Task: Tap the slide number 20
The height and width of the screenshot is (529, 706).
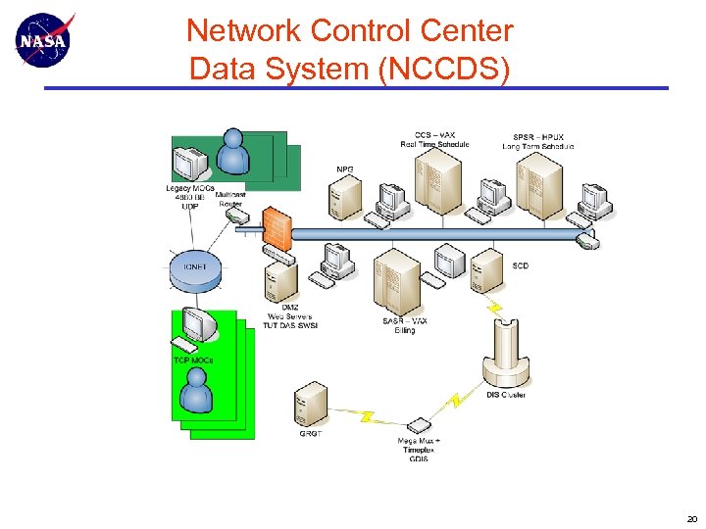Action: click(x=691, y=519)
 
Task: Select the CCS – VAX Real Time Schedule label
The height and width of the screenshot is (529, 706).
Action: click(x=434, y=139)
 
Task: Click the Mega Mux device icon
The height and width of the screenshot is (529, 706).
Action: click(x=419, y=425)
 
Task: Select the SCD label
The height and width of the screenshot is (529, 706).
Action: click(x=520, y=265)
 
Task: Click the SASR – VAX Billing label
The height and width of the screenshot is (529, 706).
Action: click(x=405, y=325)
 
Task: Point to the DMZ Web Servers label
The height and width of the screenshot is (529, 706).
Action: click(x=292, y=315)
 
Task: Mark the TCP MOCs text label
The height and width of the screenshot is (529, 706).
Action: click(x=193, y=360)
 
